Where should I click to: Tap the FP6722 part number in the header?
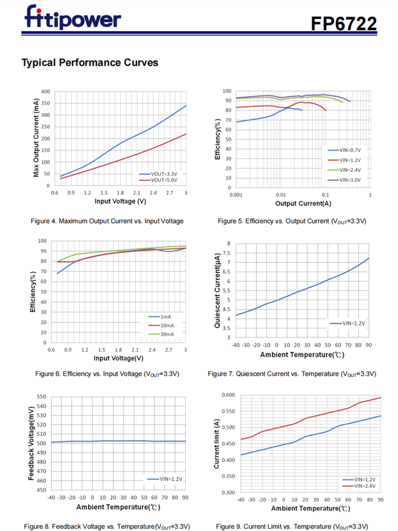click(344, 24)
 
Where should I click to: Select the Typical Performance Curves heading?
click(90, 63)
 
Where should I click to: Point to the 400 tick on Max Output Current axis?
click(46, 91)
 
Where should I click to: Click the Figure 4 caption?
click(107, 221)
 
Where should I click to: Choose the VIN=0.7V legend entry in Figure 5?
click(345, 150)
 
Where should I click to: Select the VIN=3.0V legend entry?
click(345, 180)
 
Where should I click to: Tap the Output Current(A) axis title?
click(302, 204)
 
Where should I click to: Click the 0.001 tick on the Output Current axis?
click(236, 195)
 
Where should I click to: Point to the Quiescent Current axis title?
click(218, 290)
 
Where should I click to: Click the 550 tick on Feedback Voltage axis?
click(41, 397)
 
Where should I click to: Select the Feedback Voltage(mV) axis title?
click(32, 443)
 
